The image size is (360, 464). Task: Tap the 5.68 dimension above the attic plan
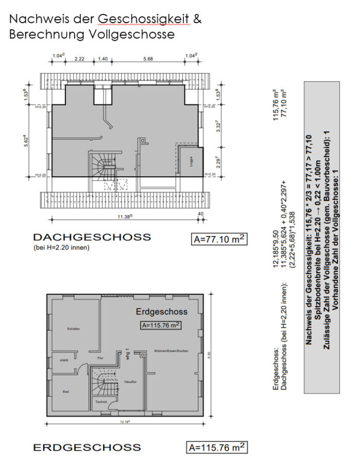pyautogui.click(x=149, y=59)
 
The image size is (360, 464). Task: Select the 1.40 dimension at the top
pyautogui.click(x=102, y=59)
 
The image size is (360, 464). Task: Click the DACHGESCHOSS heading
pyautogui.click(x=92, y=237)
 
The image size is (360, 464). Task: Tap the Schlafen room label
pyautogui.click(x=73, y=328)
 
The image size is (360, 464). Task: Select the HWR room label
pyautogui.click(x=64, y=360)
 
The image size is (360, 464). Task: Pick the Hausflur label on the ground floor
pyautogui.click(x=130, y=381)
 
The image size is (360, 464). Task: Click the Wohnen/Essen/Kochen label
pyautogui.click(x=171, y=351)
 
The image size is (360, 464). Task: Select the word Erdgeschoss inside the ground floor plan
pyautogui.click(x=161, y=311)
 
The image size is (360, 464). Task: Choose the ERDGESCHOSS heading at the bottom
pyautogui.click(x=87, y=447)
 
